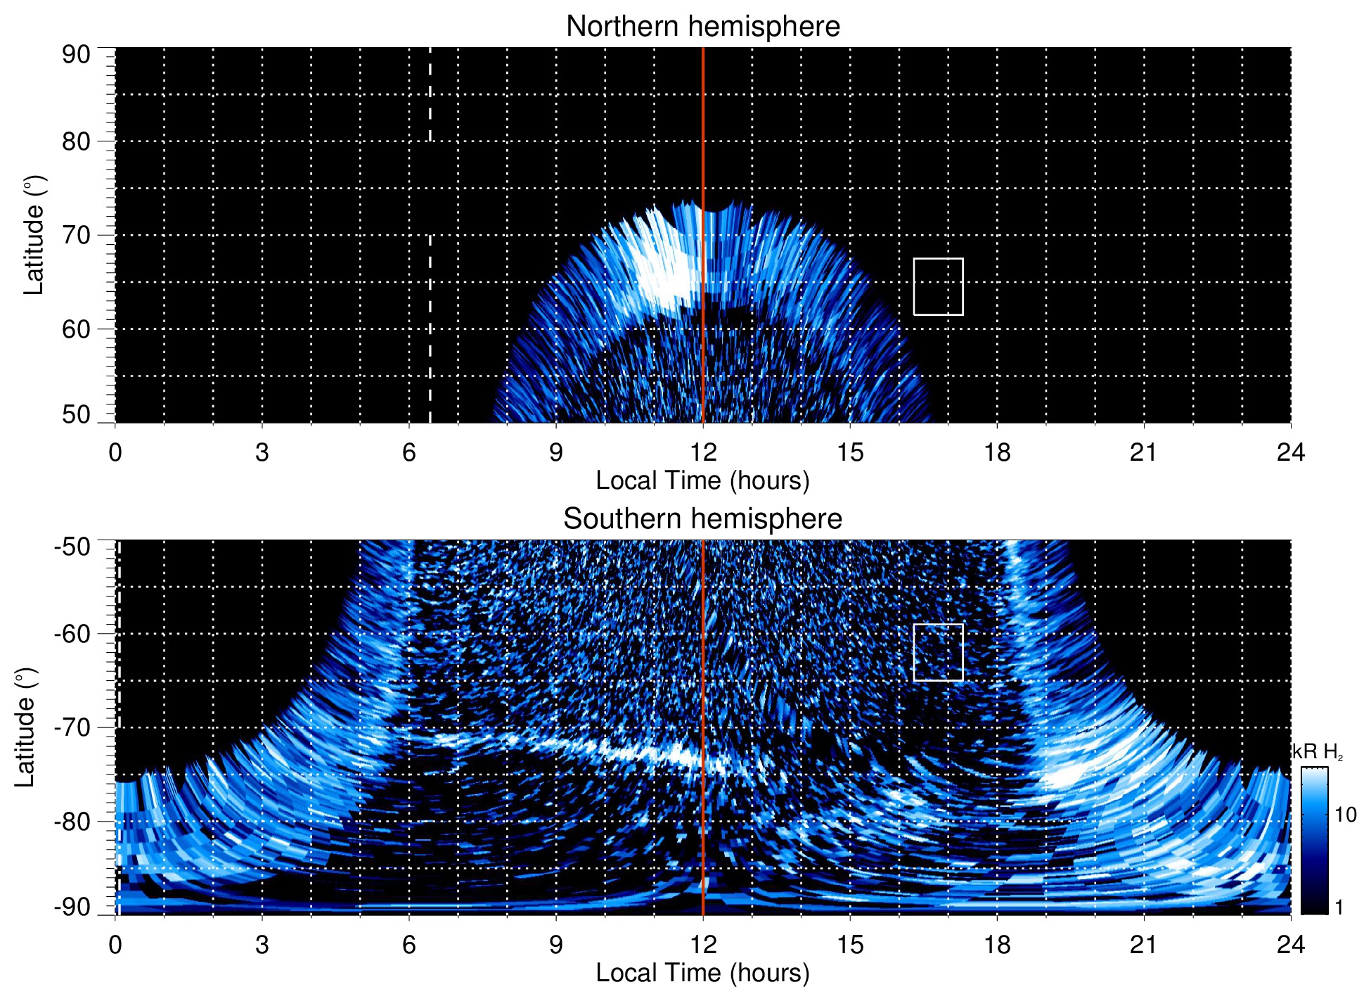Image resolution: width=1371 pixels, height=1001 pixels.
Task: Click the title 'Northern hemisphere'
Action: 702,27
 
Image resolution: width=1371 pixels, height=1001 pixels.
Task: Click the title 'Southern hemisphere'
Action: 702,519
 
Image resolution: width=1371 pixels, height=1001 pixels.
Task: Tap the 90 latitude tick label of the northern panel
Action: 76,55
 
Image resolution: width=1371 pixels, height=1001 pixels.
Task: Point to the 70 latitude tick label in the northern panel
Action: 76,235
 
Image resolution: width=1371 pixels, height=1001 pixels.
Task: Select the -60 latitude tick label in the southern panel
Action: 73,633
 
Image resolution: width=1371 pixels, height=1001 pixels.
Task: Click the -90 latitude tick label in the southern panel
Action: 73,907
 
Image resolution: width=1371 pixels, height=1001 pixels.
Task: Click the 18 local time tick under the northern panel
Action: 997,452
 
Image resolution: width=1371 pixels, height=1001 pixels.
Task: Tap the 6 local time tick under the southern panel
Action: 409,945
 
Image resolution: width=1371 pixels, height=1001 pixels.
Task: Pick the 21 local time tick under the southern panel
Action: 1144,945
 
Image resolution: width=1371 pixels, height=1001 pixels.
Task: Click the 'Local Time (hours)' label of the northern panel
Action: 702,480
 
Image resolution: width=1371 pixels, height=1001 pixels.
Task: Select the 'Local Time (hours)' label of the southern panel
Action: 702,973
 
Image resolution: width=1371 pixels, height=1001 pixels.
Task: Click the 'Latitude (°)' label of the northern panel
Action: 33,235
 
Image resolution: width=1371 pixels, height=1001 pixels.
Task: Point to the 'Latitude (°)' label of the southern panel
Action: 25,727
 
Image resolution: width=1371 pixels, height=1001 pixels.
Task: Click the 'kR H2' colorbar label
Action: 1318,752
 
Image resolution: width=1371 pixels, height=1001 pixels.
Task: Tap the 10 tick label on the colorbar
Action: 1345,815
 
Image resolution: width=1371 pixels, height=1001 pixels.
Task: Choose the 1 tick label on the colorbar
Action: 1339,907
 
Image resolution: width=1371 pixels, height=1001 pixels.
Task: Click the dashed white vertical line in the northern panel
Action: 430,317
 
